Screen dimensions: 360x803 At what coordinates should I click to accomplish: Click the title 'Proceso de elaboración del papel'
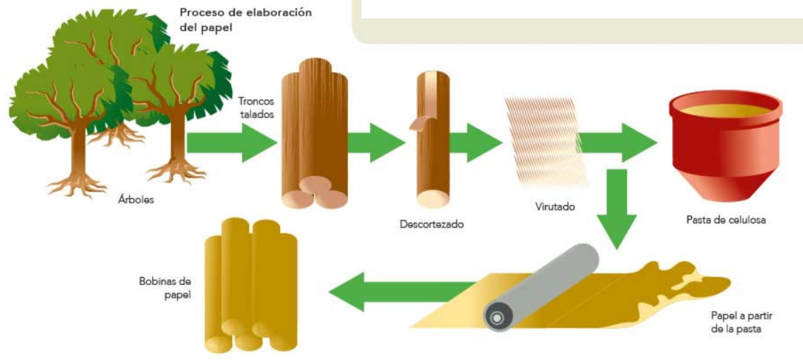245,21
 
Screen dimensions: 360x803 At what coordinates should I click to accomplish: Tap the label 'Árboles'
136,199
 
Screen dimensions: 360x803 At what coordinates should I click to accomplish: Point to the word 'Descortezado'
432,225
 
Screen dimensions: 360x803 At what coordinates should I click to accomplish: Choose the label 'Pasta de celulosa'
726,219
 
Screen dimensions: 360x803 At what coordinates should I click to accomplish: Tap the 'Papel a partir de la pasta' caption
739,322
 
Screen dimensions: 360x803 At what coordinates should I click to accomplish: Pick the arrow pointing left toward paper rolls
396,292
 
